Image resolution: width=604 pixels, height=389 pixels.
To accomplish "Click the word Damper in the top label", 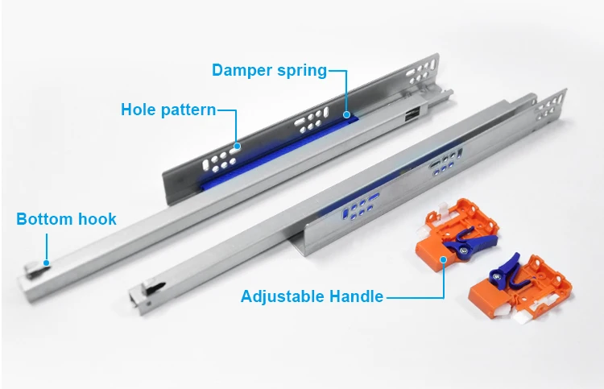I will click(x=241, y=70).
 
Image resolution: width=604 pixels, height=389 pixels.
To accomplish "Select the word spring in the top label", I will click(x=300, y=70).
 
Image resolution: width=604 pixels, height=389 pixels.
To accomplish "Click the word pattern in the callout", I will click(x=188, y=110).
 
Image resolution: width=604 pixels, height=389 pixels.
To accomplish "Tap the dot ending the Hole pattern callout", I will click(x=237, y=147).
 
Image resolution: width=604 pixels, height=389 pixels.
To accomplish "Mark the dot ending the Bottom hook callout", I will click(x=47, y=262).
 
